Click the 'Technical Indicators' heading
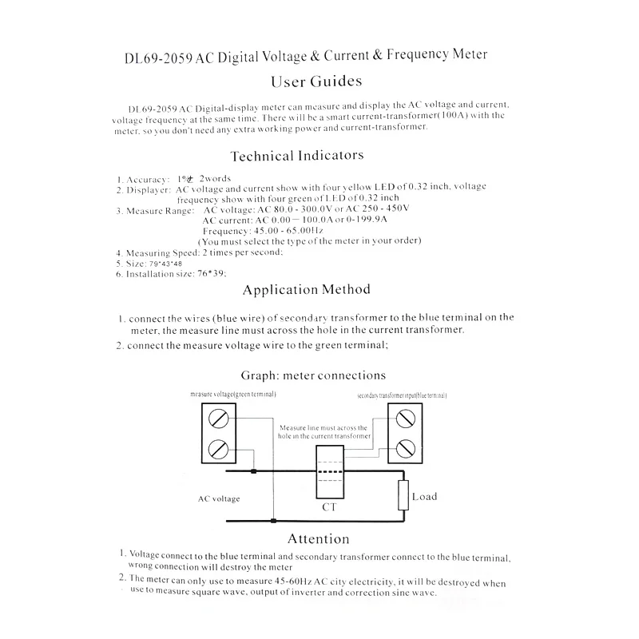click(296, 156)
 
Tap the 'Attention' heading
click(318, 538)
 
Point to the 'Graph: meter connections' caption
click(312, 375)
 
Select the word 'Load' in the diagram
click(424, 497)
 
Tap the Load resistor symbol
click(403, 496)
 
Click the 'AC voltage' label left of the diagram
click(219, 499)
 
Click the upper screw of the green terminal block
click(218, 417)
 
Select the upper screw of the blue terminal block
click(405, 417)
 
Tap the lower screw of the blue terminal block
click(405, 445)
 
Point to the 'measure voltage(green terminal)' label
click(233, 395)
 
